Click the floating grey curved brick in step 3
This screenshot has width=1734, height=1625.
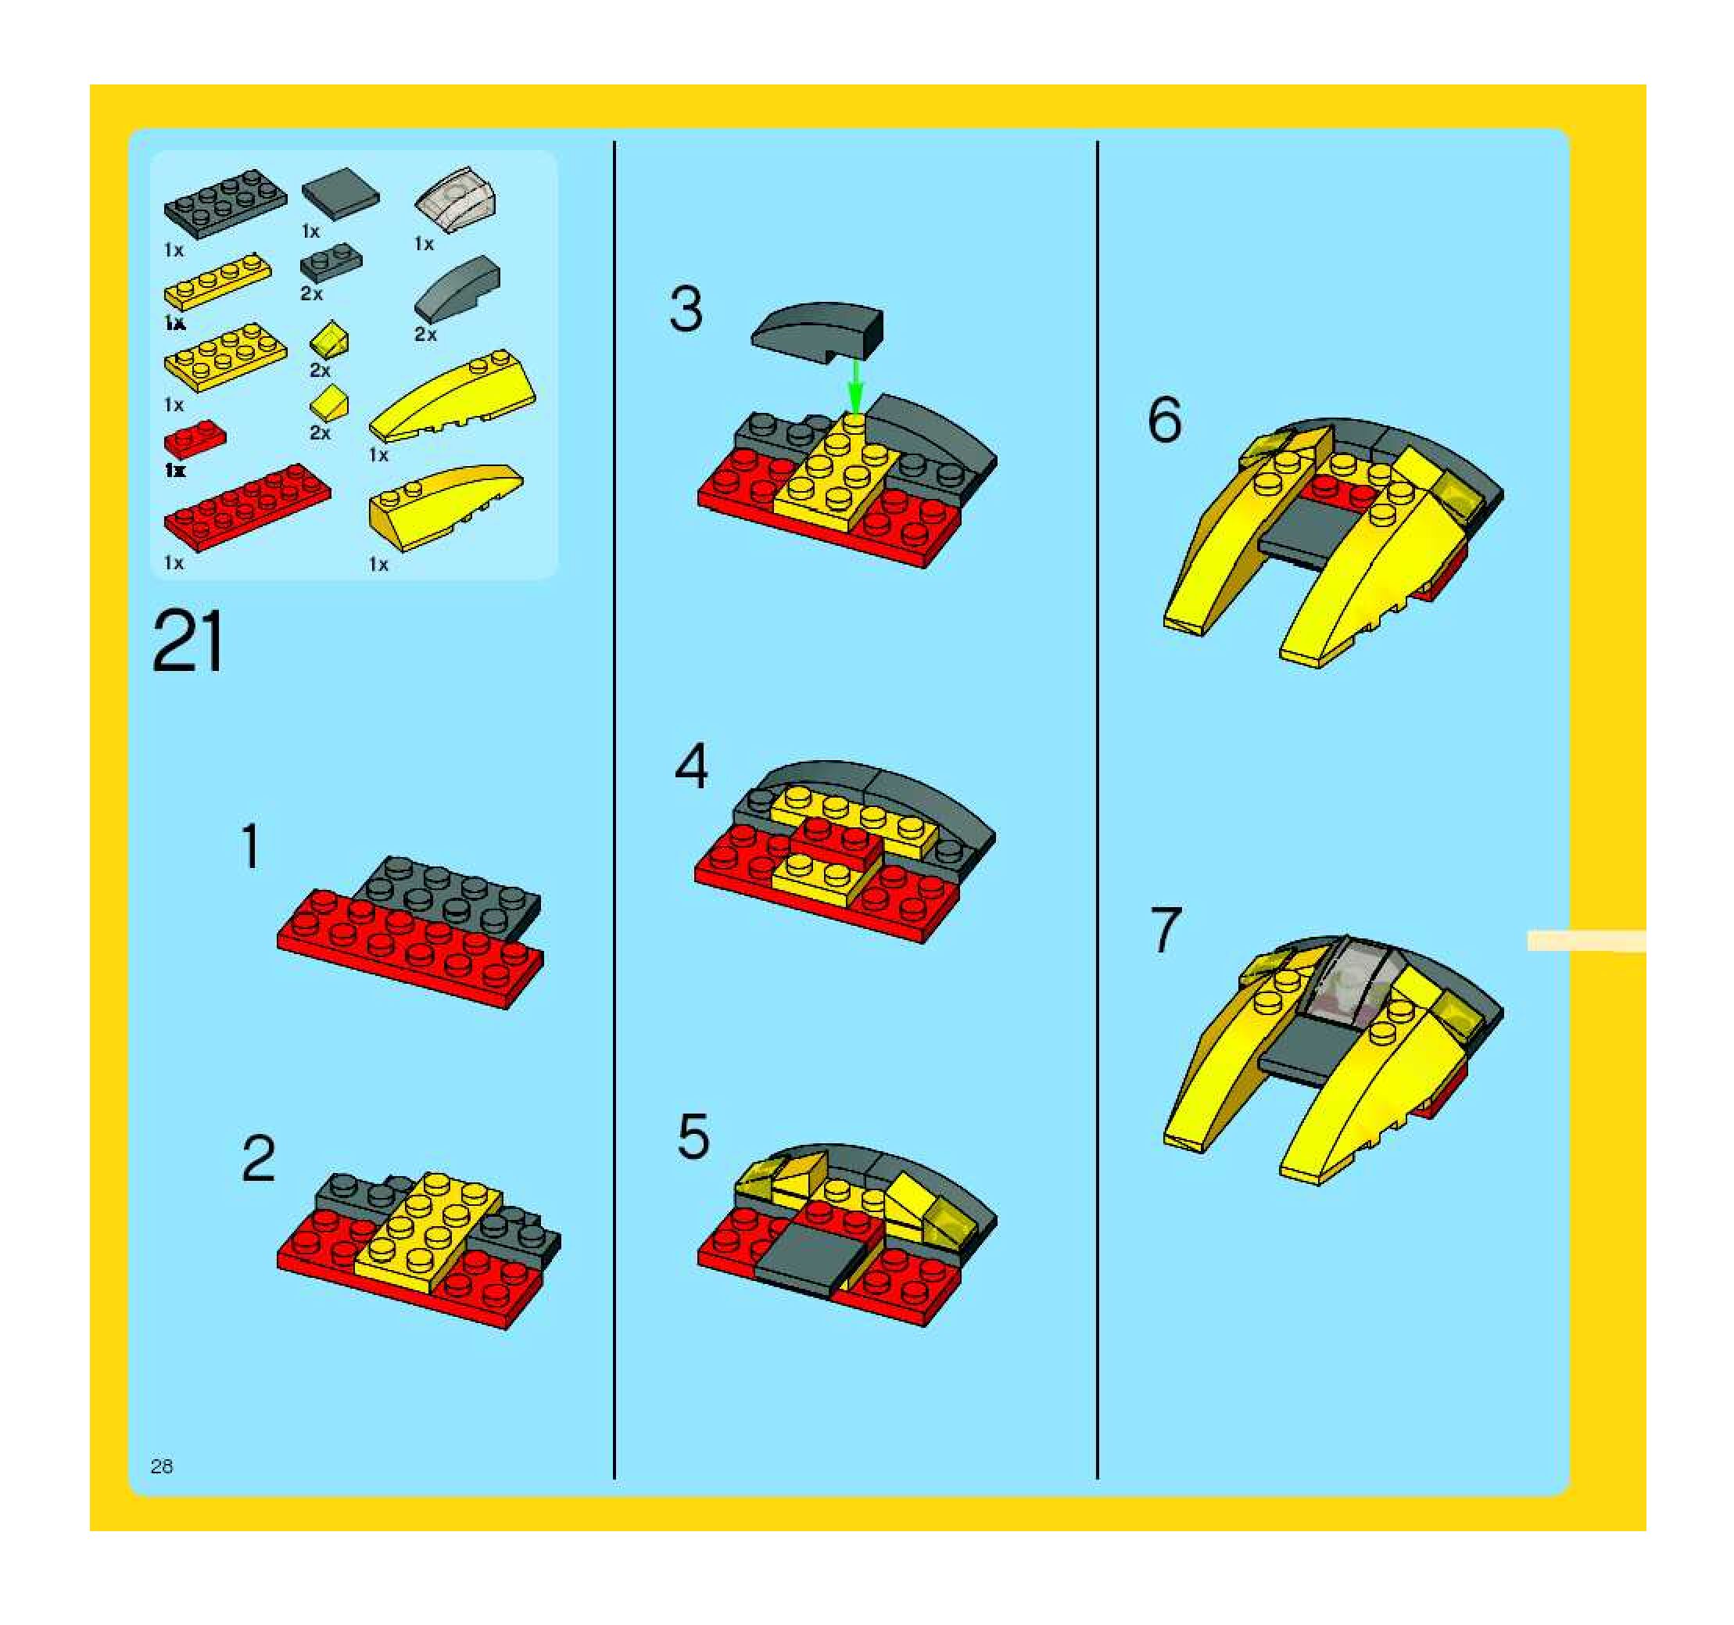coord(817,332)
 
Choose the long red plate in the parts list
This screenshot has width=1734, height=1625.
coord(248,507)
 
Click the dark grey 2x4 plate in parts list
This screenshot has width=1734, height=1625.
coord(225,204)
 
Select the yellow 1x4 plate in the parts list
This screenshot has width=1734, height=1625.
coord(217,282)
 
